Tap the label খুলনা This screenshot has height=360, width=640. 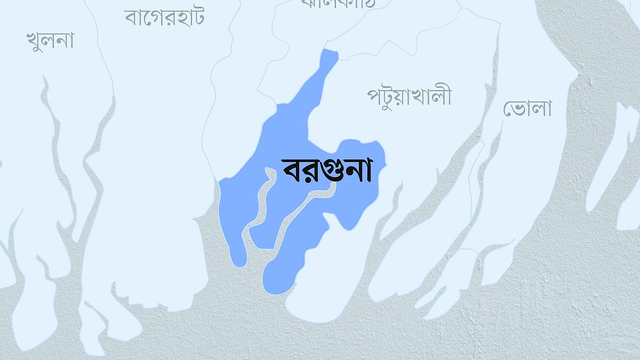coord(50,41)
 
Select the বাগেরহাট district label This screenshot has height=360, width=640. coord(164,17)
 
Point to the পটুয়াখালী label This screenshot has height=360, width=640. coord(409,97)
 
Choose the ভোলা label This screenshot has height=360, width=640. coord(527,109)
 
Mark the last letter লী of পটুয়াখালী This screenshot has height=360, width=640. coord(442,96)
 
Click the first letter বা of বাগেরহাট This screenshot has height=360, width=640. coord(133,18)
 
